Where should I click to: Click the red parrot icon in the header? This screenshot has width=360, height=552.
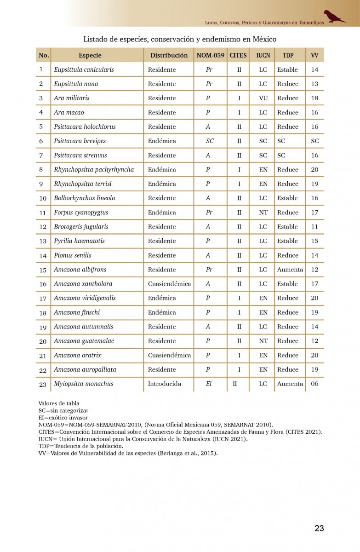[334, 17]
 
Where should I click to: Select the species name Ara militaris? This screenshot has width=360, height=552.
[72, 98]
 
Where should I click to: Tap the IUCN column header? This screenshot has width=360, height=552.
[263, 55]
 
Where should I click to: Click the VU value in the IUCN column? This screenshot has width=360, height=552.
[263, 98]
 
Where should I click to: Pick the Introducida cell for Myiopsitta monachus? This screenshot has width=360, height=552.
[165, 384]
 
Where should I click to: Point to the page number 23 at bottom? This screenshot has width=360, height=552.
[319, 529]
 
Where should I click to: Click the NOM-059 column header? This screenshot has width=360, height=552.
[211, 55]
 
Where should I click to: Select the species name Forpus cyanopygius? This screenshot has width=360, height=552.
[81, 213]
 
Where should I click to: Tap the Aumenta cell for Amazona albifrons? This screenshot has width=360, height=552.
[290, 270]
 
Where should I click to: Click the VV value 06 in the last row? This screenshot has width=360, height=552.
[314, 384]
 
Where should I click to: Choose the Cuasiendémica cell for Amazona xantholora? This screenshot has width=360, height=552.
[169, 284]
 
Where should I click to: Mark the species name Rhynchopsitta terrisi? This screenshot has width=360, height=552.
[83, 184]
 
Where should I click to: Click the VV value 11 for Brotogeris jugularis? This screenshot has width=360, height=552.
[314, 227]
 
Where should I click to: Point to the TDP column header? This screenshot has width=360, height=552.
[288, 55]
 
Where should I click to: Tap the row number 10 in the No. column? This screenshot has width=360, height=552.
[43, 198]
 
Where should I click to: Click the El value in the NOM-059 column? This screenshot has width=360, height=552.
[209, 384]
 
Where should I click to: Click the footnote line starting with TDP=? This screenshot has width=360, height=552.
[81, 446]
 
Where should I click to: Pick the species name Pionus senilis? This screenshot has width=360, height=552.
[73, 255]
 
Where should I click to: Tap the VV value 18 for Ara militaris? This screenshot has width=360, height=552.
[314, 98]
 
